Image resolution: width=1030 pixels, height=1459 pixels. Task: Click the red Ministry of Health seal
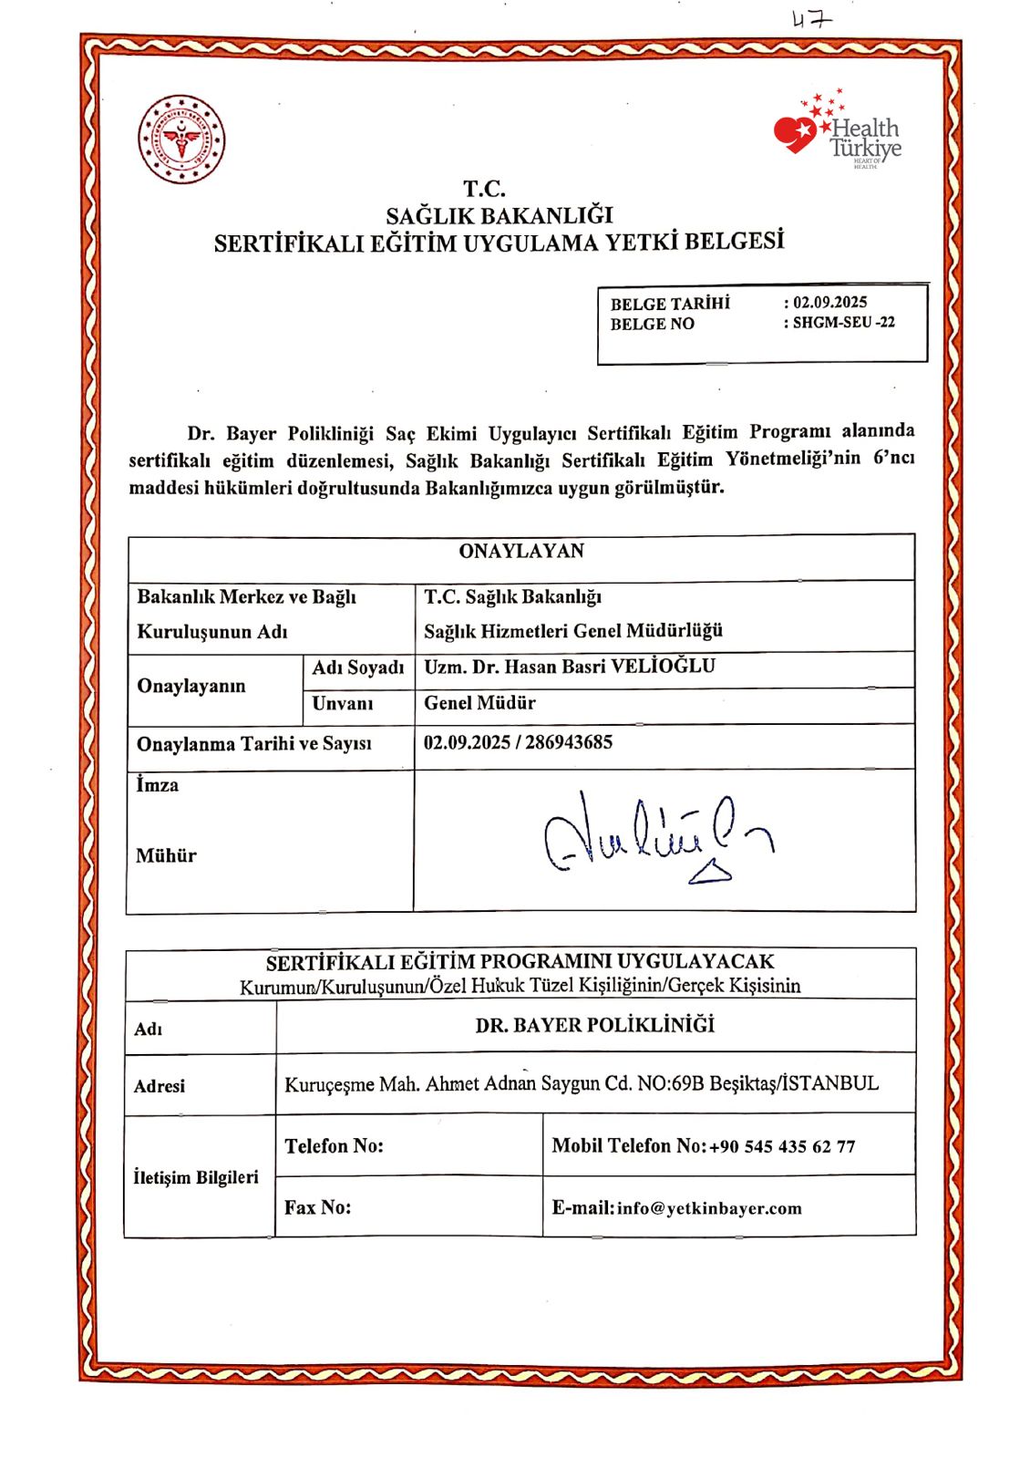(x=181, y=140)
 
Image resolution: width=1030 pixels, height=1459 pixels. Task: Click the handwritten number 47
(x=810, y=19)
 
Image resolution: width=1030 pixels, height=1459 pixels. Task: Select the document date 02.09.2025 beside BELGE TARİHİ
(x=830, y=303)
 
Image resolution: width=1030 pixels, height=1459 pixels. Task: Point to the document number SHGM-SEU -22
(x=843, y=323)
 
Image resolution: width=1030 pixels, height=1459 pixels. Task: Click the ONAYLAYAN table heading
(x=521, y=551)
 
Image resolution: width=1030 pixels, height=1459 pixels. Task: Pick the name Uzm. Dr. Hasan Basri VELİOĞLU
(x=570, y=667)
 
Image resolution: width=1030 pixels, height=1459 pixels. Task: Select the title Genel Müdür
(x=479, y=703)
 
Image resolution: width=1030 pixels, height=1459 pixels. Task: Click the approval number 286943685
(x=569, y=742)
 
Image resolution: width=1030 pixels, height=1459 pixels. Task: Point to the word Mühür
(x=166, y=855)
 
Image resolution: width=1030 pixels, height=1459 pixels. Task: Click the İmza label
(x=158, y=785)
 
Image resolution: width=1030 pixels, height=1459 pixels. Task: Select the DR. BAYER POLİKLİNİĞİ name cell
(x=595, y=1026)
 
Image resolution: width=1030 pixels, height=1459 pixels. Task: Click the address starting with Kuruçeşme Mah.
(x=582, y=1084)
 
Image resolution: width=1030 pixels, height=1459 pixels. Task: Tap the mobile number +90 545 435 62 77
(x=782, y=1146)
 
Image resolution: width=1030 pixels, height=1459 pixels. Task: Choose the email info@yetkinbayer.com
(x=709, y=1208)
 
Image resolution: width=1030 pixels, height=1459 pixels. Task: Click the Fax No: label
(x=317, y=1207)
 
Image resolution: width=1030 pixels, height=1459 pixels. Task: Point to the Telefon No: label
(x=334, y=1146)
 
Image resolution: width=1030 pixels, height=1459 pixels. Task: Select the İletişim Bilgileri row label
(x=196, y=1177)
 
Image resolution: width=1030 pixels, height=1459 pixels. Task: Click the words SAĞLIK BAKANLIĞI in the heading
(x=500, y=216)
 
